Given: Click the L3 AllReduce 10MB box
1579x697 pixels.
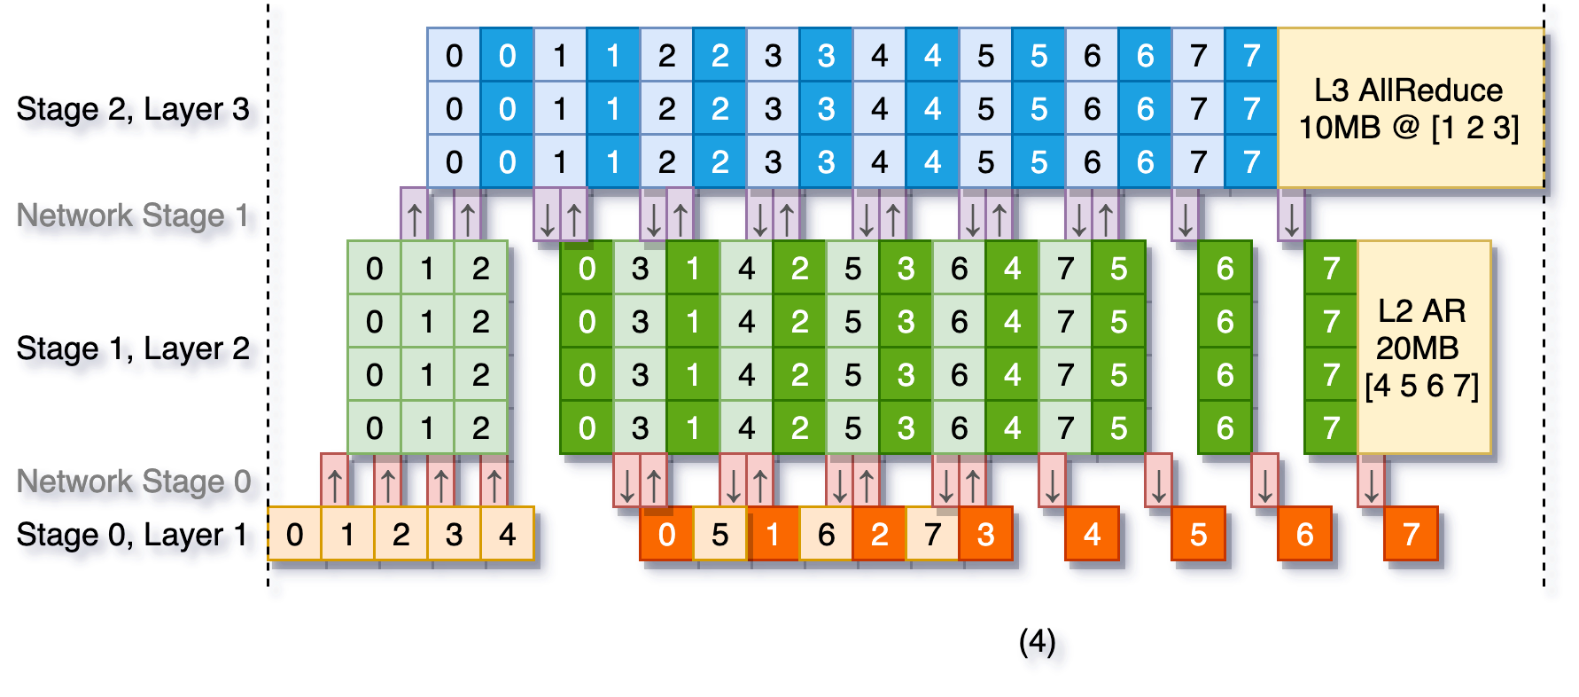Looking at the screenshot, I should (1409, 108).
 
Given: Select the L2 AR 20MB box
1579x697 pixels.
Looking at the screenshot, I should (1423, 348).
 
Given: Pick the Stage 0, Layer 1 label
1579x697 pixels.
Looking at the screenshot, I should (137, 536).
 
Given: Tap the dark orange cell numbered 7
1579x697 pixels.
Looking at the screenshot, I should (1411, 534).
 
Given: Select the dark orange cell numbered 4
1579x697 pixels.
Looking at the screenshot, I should (1092, 534).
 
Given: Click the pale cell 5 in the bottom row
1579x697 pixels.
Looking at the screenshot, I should (719, 534).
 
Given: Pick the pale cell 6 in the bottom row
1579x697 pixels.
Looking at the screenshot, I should (826, 534).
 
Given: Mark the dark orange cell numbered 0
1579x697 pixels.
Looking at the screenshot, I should (666, 534).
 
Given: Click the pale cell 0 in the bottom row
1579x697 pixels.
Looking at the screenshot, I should (294, 534).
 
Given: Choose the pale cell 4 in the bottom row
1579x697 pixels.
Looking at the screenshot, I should (507, 534).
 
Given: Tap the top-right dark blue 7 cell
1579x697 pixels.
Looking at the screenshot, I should (1251, 55).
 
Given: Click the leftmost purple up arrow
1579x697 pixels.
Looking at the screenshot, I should (414, 215).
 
